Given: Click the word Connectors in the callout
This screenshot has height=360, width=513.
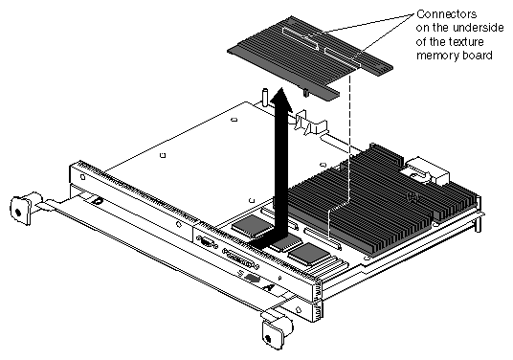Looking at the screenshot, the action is click(x=446, y=14).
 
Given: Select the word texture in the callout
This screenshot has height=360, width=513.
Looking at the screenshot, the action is click(x=466, y=42).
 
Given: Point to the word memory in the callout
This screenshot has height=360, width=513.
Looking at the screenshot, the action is click(x=437, y=56).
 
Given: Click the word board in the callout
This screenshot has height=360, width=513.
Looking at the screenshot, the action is click(x=477, y=56).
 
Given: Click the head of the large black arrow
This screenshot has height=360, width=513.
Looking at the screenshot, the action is click(x=280, y=99).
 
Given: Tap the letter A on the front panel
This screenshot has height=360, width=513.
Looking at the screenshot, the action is click(x=269, y=287).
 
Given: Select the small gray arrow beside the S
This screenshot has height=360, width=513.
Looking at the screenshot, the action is click(x=253, y=279).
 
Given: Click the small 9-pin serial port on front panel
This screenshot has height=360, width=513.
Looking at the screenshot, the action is click(x=207, y=242).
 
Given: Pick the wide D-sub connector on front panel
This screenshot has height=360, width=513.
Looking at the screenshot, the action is click(x=240, y=259).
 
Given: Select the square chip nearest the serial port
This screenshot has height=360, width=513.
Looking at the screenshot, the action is click(x=252, y=227).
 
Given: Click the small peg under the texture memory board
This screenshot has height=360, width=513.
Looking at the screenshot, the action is click(x=305, y=93).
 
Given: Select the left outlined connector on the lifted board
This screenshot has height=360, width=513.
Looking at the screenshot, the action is click(x=301, y=38).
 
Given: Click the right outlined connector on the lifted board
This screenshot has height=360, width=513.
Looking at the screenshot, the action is click(x=343, y=58).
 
